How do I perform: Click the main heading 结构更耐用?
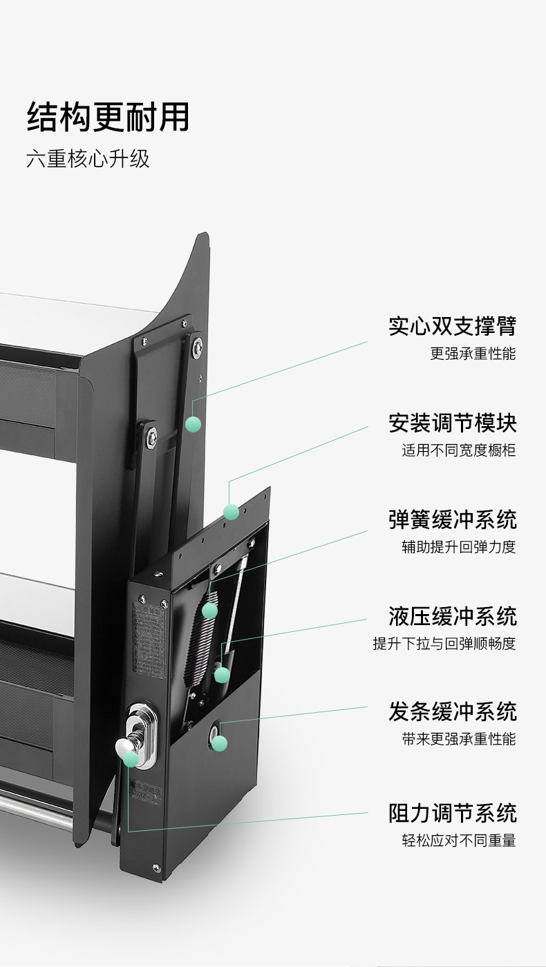108,117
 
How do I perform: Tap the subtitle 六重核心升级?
88,159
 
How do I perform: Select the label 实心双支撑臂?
452,326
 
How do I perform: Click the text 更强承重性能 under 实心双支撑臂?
473,354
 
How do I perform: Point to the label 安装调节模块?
452,423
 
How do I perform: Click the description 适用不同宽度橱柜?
459,450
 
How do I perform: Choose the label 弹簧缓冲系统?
452,519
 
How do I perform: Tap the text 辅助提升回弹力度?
459,547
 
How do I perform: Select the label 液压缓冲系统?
452,616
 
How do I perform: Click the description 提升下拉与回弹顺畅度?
444,644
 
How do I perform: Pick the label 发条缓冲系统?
452,712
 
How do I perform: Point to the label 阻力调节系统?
452,814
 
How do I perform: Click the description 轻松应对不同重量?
459,841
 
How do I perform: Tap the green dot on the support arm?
193,424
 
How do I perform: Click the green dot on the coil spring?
209,611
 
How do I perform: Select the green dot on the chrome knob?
131,759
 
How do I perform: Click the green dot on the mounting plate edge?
231,512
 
